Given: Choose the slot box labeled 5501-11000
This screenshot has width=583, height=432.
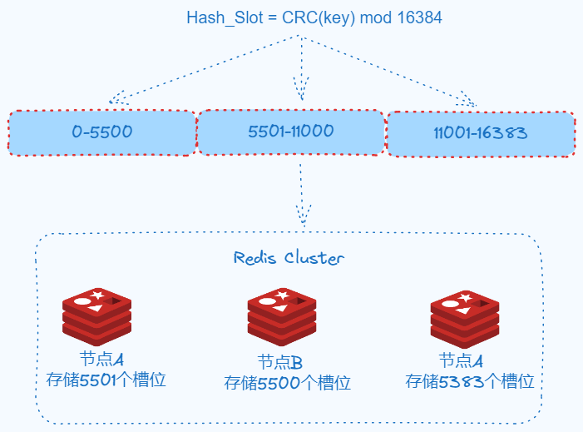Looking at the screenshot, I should (x=290, y=132).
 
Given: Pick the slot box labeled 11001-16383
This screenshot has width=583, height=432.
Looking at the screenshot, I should (x=481, y=133).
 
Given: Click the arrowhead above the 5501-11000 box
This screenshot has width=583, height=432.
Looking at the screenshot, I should (x=300, y=87).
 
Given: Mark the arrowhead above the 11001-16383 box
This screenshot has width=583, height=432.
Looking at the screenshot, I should (x=470, y=102).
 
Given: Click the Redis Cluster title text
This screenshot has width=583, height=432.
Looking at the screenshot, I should (x=289, y=258).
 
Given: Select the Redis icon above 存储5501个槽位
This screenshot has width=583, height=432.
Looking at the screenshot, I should (x=97, y=316).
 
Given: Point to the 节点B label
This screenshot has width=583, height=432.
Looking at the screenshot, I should (x=279, y=363).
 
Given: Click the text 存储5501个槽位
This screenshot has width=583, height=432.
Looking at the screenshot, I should (x=107, y=380).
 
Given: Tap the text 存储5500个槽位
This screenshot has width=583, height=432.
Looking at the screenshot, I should (x=288, y=383).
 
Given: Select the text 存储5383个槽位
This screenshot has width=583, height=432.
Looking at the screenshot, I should (x=469, y=381).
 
